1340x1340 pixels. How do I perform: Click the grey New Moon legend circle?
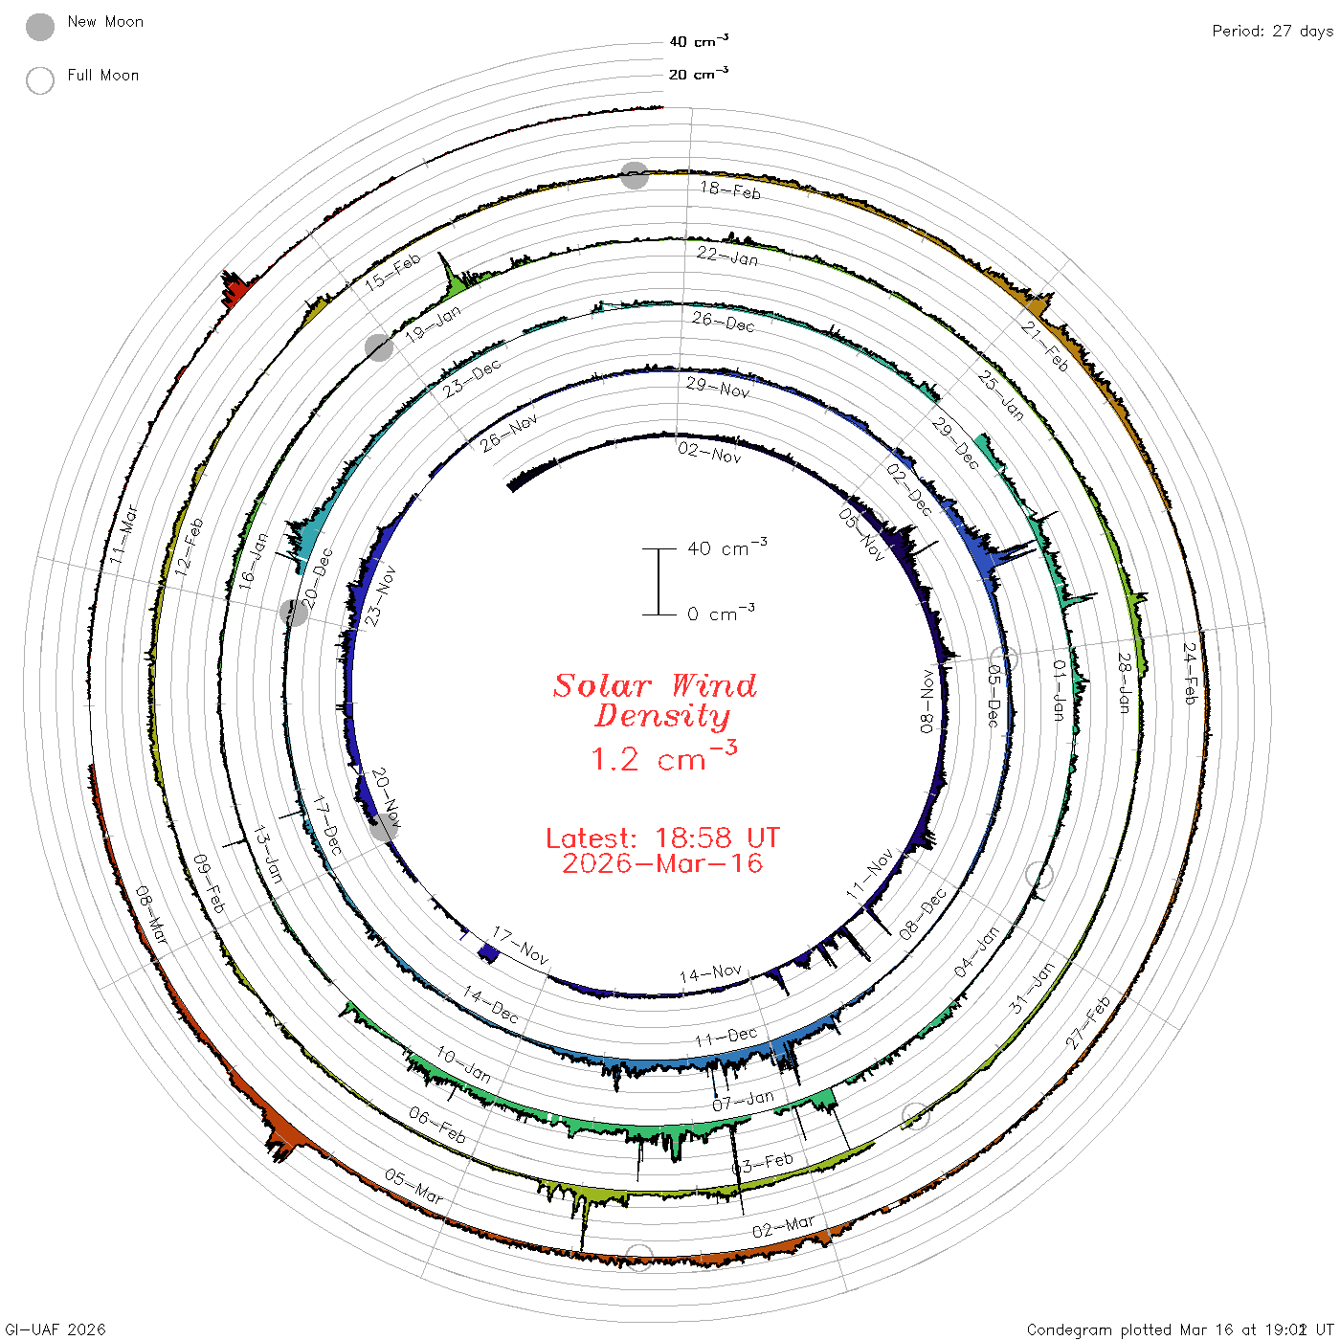(x=39, y=27)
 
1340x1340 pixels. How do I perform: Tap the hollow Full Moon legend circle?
(x=39, y=80)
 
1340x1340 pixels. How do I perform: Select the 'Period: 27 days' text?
(x=1273, y=32)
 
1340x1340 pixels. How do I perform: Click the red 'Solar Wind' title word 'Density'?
(x=662, y=716)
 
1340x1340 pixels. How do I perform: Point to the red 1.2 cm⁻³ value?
(x=663, y=756)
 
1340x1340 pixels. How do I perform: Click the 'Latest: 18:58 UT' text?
(x=662, y=837)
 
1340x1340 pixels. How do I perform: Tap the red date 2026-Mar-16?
(x=662, y=863)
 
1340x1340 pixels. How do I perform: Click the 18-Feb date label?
(x=730, y=190)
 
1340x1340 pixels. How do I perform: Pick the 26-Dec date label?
(x=724, y=322)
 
